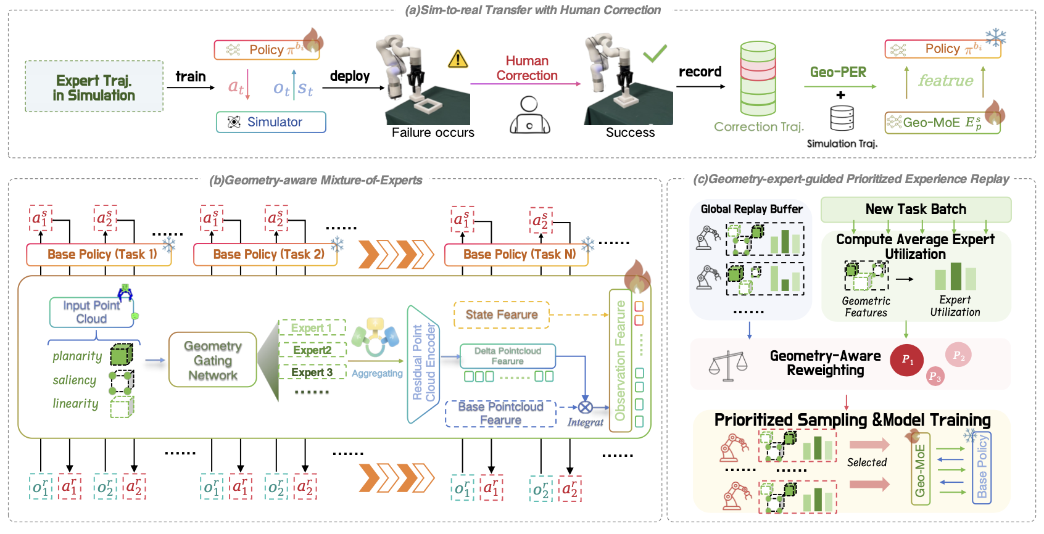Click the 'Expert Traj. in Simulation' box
pos(94,86)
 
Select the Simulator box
pos(271,122)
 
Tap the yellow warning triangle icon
pos(458,59)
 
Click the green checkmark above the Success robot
pos(655,53)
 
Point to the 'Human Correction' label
pos(527,68)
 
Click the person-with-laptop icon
pos(529,115)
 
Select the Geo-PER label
pos(838,72)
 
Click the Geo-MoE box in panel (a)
pos(942,123)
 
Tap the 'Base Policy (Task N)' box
pos(517,254)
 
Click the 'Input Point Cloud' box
pos(91,312)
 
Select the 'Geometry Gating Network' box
pos(213,360)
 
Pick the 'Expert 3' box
pos(312,372)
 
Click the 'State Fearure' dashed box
pos(501,314)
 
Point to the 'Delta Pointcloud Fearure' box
pos(507,356)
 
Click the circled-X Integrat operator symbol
pos(585,407)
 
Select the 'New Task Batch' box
pos(916,210)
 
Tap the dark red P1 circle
pos(907,359)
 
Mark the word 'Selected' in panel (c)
pos(866,462)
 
